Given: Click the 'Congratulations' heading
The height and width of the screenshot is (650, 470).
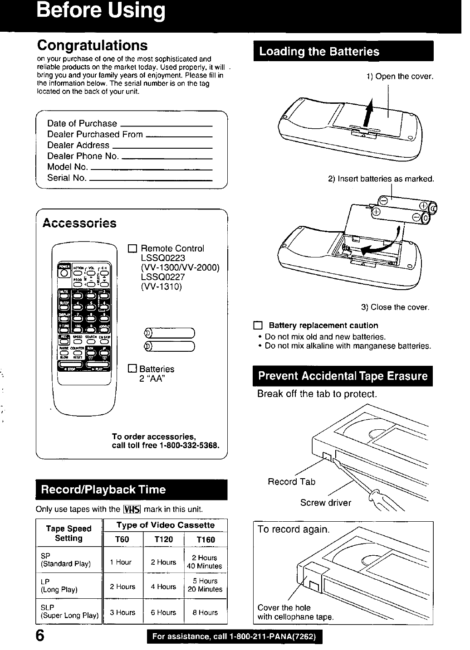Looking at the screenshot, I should (92, 45).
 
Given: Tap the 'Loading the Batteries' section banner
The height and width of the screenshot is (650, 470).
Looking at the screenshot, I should (343, 51).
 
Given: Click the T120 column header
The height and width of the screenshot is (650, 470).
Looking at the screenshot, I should (163, 539).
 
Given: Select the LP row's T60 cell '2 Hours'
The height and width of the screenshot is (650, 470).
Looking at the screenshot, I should (122, 587).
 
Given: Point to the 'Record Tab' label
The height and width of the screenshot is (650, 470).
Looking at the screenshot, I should (291, 481).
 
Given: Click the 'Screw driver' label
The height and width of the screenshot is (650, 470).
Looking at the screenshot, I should (325, 502).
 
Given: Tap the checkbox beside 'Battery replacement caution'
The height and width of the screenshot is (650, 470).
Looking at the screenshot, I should (258, 325).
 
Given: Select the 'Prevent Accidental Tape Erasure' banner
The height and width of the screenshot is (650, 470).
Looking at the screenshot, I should (343, 376).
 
